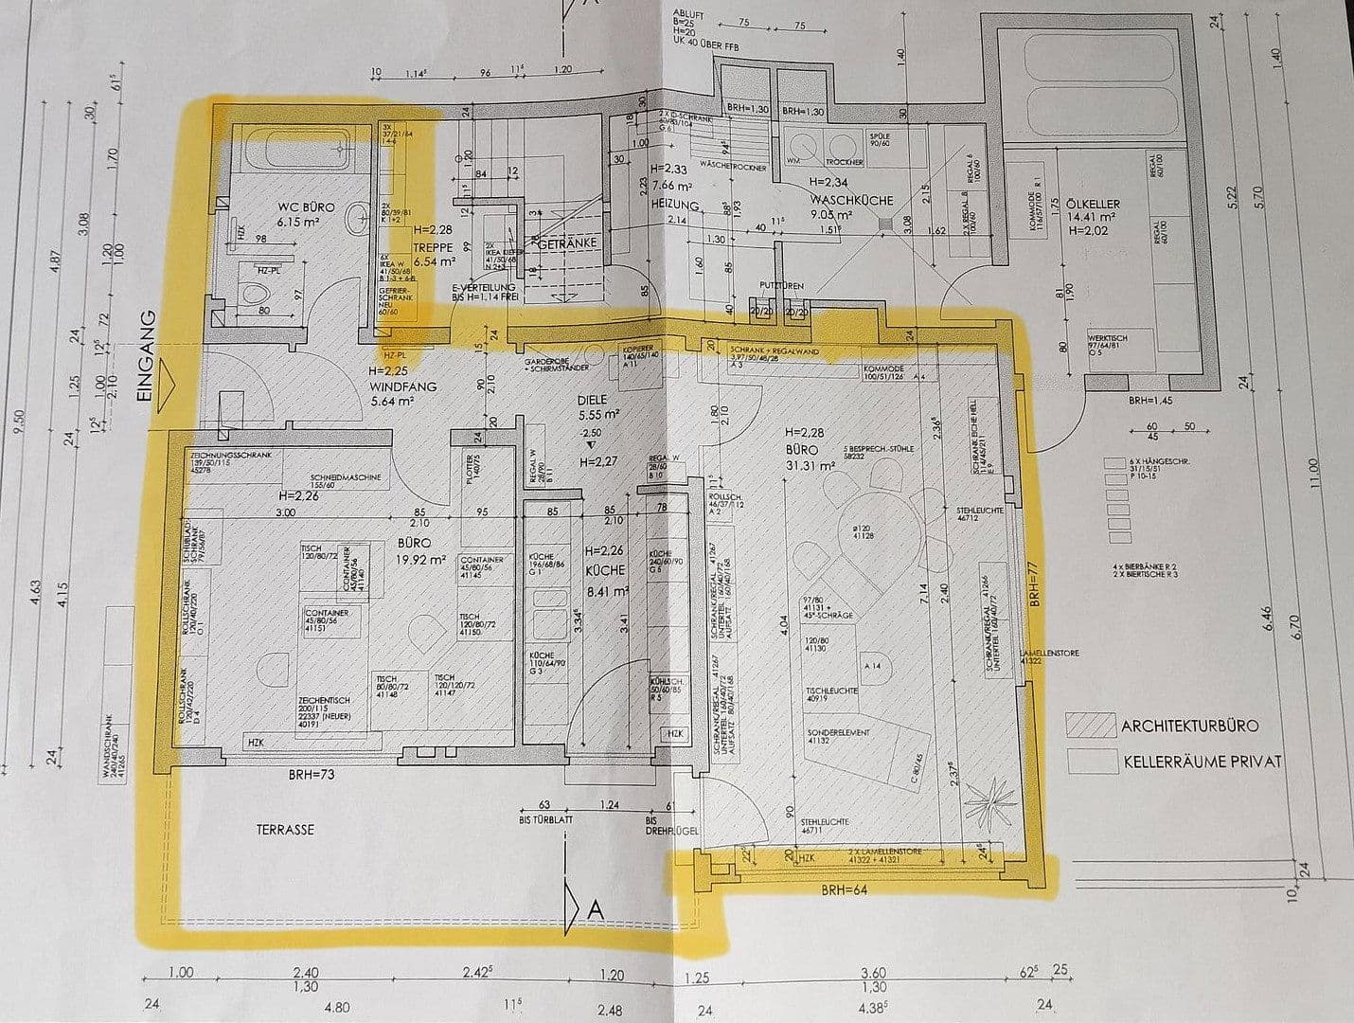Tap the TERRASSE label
pyautogui.click(x=284, y=829)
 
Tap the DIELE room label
pyautogui.click(x=592, y=401)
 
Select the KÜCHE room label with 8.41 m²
pyautogui.click(x=605, y=570)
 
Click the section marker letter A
pyautogui.click(x=596, y=908)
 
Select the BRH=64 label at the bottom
pyautogui.click(x=845, y=890)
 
